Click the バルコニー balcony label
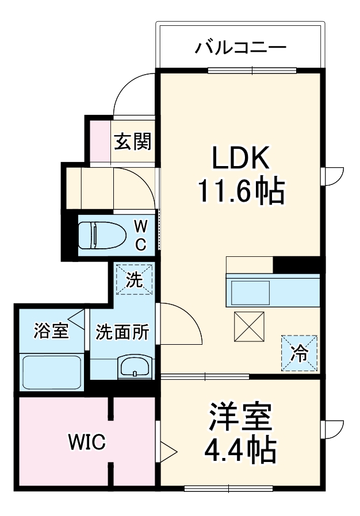tap(240, 47)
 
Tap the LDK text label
tap(240, 157)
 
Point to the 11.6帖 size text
tap(240, 191)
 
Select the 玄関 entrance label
tap(132, 141)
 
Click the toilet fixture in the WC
tap(101, 235)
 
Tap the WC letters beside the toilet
tap(140, 235)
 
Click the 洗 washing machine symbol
tap(134, 280)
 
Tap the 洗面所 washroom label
tap(122, 332)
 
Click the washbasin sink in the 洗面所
tap(135, 367)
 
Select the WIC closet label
tap(86, 442)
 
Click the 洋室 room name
tap(240, 418)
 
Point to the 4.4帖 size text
tap(240, 451)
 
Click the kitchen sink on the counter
tap(250, 291)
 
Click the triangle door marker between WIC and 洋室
tap(166, 450)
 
